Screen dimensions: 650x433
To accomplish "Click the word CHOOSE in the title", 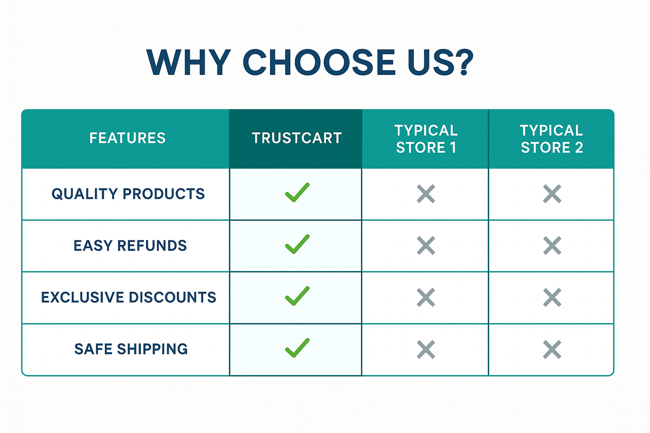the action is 319,63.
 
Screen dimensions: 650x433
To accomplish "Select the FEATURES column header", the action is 127,138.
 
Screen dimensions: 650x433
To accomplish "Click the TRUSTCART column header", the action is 296,138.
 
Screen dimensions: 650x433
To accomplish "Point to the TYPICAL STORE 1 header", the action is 426,139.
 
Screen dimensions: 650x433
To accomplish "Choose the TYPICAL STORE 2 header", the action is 552,139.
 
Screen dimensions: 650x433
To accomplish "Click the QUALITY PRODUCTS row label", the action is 128,194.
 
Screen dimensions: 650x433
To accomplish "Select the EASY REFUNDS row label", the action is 130,246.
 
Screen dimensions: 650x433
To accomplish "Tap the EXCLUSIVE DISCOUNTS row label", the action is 129,297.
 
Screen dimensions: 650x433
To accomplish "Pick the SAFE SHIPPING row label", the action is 131,349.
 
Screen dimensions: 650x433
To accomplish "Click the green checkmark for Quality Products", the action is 297,193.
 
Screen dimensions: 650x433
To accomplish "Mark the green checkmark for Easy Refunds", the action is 297,244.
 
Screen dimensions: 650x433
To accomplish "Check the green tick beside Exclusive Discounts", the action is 297,296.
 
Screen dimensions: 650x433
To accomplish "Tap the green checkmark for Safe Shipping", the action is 297,348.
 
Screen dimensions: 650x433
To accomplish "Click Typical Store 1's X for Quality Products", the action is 426,194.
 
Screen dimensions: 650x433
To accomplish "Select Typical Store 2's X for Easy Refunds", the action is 552,246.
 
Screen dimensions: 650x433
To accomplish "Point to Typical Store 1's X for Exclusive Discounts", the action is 426,297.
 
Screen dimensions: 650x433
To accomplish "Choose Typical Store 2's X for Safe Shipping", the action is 552,349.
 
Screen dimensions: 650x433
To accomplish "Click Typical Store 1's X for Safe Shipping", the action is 426,349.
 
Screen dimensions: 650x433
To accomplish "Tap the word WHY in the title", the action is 188,63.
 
